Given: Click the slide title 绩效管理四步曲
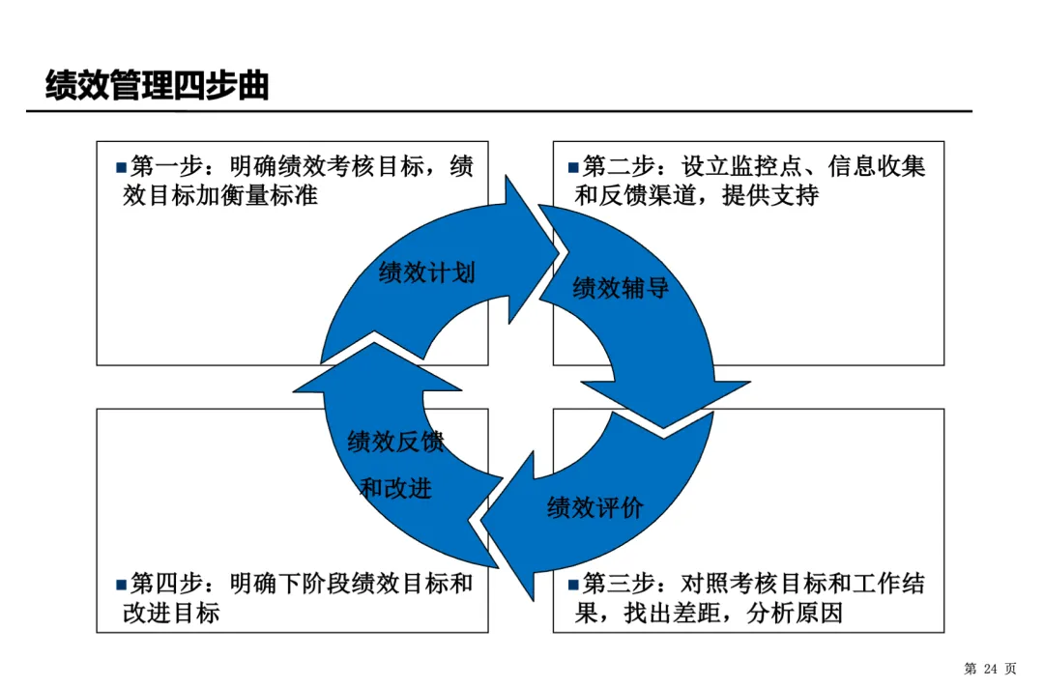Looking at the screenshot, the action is (158, 86).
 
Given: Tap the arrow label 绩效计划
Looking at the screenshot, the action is (427, 273).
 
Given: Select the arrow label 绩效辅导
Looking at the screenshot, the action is (621, 288).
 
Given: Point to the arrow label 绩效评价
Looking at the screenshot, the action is (594, 507).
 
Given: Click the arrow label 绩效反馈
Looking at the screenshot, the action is (395, 443).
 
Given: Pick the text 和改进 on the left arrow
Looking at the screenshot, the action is (395, 488).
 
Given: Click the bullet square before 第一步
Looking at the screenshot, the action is (121, 167).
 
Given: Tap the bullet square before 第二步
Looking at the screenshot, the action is (573, 167).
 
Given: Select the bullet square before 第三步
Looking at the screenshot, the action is (573, 585).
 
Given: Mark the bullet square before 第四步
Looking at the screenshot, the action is (121, 585).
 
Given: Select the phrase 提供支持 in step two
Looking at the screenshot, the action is (770, 195).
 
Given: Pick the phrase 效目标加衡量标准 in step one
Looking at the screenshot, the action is (220, 195).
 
